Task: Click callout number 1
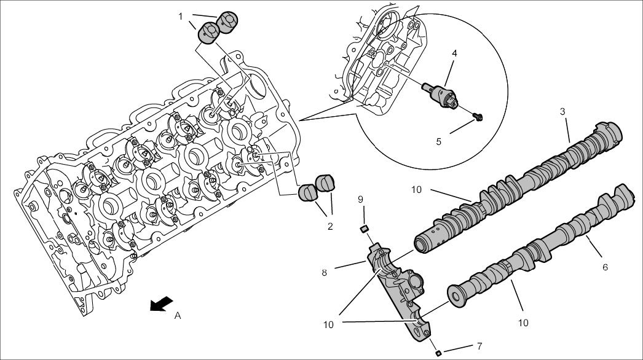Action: (x=181, y=16)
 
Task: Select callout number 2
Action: (x=330, y=226)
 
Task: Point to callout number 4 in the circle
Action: (x=454, y=53)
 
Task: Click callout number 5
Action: (x=439, y=141)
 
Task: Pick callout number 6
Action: (x=605, y=267)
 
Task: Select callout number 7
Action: (x=479, y=346)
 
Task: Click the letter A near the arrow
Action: (x=178, y=315)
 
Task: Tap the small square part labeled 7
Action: (x=438, y=353)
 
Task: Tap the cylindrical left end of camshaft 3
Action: (x=424, y=241)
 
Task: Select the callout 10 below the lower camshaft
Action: (x=523, y=323)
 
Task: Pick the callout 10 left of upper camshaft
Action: (x=417, y=189)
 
